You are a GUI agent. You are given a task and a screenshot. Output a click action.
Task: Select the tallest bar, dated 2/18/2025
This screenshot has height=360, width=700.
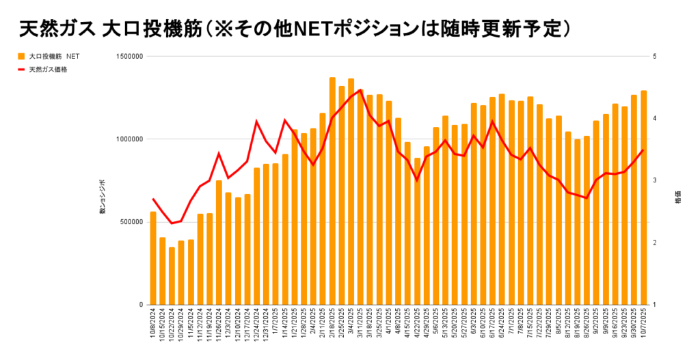(x=332, y=191)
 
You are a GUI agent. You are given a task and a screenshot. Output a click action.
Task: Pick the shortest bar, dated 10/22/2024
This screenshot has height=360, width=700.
(x=172, y=276)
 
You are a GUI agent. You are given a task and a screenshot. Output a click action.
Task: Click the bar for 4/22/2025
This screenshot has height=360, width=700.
(x=417, y=232)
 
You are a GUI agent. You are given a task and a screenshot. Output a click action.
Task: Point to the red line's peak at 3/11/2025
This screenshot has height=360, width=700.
(x=360, y=89)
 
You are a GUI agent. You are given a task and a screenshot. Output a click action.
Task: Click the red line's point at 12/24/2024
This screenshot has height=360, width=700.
(x=256, y=122)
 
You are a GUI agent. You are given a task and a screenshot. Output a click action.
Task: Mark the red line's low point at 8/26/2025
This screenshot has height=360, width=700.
(x=587, y=198)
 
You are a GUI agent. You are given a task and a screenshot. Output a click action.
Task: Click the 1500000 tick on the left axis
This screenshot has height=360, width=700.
(x=129, y=57)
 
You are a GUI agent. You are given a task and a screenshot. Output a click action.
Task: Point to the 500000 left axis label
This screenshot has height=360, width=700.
(x=130, y=222)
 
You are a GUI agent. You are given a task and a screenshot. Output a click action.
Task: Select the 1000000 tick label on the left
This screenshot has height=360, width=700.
(x=129, y=139)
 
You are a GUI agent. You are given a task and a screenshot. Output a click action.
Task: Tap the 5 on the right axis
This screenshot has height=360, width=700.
(x=654, y=57)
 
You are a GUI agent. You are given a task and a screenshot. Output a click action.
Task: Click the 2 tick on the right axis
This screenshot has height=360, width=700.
(x=654, y=243)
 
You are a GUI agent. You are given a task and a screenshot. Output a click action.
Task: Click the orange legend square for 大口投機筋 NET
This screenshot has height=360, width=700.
(x=22, y=57)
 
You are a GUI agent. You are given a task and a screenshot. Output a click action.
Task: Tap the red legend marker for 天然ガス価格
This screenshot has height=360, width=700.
(x=22, y=70)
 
